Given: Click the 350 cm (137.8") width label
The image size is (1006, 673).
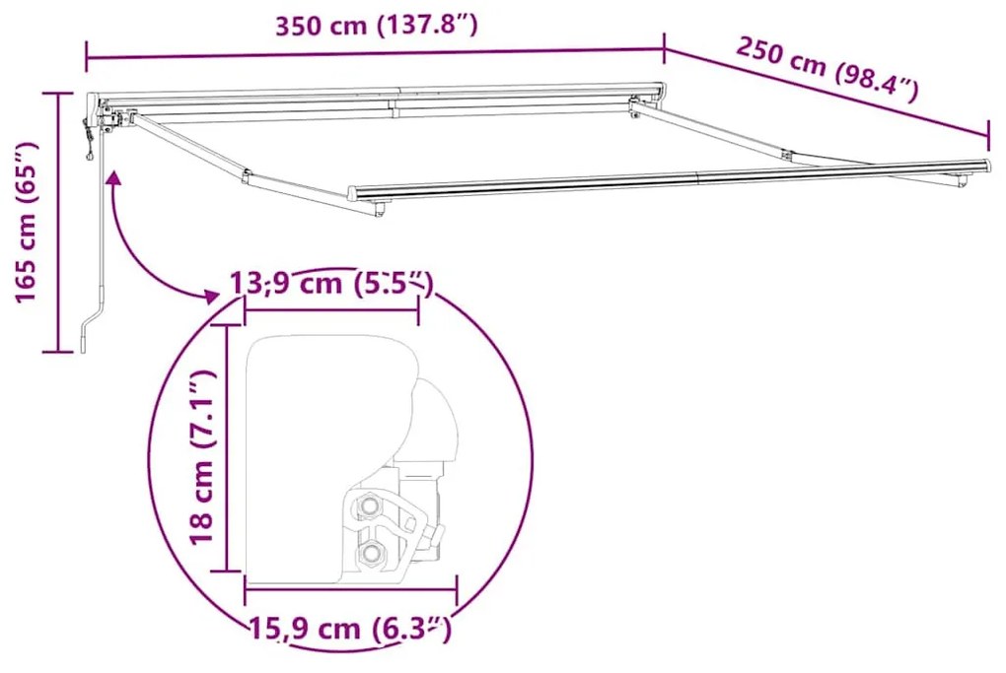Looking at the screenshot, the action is coord(377,27).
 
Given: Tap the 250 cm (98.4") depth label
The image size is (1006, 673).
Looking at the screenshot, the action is coord(827,69).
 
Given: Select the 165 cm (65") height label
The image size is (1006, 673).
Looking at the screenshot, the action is coord(27,223).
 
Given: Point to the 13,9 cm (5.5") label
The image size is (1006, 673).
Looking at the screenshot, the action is coord(331,283).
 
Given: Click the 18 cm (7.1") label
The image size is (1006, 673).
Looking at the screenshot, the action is coord(201,457).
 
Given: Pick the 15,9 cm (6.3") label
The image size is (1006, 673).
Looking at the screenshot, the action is coord(350,628).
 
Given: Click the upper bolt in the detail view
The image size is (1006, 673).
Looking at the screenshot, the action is coord(369,505).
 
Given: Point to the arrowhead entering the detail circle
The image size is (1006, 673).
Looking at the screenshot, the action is coord(210,297).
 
